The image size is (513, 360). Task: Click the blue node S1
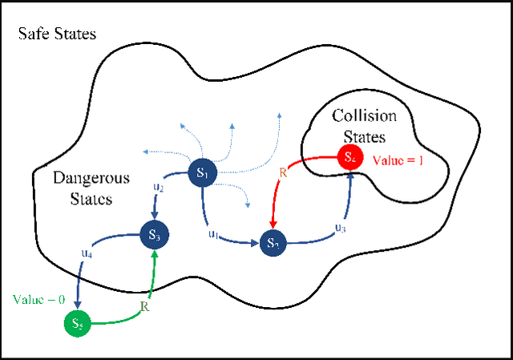click(x=201, y=173)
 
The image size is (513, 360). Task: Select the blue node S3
click(x=154, y=235)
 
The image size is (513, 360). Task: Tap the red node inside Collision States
click(x=349, y=157)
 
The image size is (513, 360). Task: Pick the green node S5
click(x=77, y=324)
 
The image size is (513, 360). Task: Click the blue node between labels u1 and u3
click(x=273, y=241)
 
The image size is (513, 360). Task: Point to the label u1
click(x=213, y=233)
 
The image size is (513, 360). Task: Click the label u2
click(x=159, y=188)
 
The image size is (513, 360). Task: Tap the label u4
click(x=86, y=253)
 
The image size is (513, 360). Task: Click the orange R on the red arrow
click(x=282, y=172)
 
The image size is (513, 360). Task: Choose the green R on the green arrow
click(x=146, y=305)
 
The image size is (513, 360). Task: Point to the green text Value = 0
click(x=37, y=299)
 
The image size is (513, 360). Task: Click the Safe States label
click(x=58, y=34)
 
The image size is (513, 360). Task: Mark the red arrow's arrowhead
click(x=274, y=224)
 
